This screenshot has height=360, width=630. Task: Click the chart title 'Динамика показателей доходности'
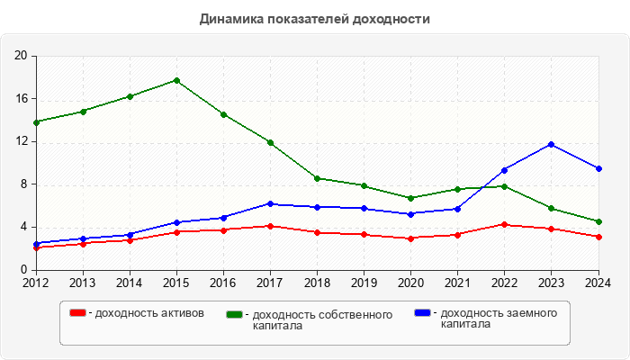(314, 19)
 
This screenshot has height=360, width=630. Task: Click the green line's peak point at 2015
(176, 80)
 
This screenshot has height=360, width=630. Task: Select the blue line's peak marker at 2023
(552, 144)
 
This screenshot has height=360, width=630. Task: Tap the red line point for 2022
(505, 224)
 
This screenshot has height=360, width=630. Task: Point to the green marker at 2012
(36, 122)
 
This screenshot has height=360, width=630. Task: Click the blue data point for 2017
(270, 203)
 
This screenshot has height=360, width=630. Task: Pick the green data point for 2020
(411, 198)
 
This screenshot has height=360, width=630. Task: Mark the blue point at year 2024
(598, 168)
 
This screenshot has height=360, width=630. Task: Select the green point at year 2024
(598, 221)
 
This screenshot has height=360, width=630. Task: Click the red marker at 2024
(598, 237)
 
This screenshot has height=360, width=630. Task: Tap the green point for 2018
(317, 178)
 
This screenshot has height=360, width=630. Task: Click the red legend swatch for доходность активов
(78, 313)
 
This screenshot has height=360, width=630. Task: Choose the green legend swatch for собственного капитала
(235, 314)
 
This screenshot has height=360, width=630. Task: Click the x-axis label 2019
(364, 282)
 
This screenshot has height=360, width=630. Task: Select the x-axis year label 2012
(36, 282)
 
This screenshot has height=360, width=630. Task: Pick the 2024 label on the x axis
(597, 282)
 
